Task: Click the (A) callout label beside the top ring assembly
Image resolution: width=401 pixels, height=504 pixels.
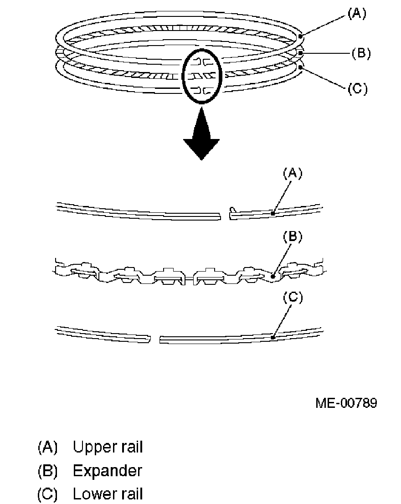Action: click(x=357, y=14)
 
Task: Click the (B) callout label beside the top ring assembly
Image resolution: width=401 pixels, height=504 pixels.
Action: click(x=360, y=53)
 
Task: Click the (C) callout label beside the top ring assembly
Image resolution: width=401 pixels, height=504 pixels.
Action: click(x=357, y=88)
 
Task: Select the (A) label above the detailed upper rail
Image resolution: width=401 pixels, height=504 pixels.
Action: click(x=293, y=173)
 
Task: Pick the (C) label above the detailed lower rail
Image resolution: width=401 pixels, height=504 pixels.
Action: click(x=293, y=298)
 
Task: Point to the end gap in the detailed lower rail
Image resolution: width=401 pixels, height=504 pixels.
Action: click(x=155, y=339)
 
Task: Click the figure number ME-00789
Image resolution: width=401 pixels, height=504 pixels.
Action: click(x=346, y=403)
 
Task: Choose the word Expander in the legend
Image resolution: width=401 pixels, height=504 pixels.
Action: click(x=107, y=471)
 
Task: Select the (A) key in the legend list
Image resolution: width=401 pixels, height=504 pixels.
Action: click(x=47, y=447)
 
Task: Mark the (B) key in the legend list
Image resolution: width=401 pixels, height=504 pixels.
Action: click(x=47, y=471)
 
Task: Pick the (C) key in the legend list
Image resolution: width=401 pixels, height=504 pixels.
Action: click(x=47, y=494)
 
